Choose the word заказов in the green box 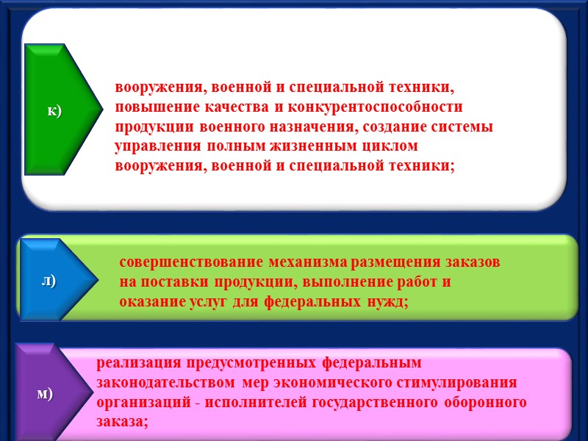click(474, 262)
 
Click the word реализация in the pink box click(137, 363)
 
